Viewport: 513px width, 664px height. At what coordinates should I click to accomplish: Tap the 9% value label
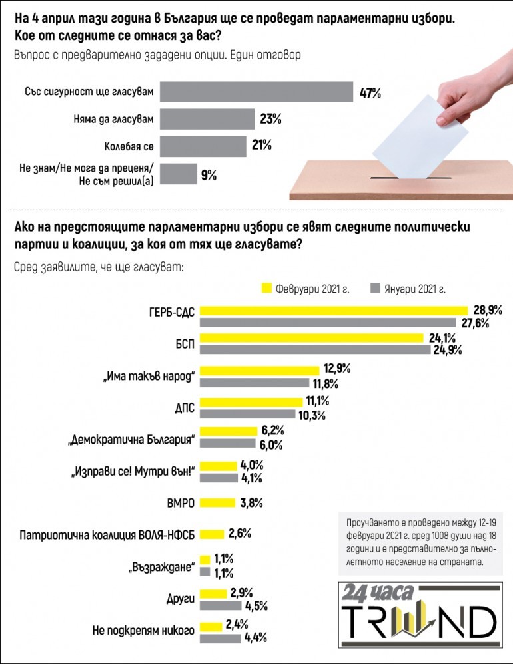[x=209, y=176]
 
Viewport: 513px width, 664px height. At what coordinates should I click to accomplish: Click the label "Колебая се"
[x=131, y=146]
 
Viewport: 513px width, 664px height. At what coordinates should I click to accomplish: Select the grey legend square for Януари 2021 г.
[x=375, y=288]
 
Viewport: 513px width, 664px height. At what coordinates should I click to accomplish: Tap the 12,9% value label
[x=337, y=368]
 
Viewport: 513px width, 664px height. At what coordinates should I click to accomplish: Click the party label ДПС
[x=182, y=409]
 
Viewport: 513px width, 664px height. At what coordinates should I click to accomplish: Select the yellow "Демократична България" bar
[x=229, y=431]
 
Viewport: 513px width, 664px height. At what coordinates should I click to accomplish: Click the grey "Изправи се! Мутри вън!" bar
[x=219, y=477]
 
